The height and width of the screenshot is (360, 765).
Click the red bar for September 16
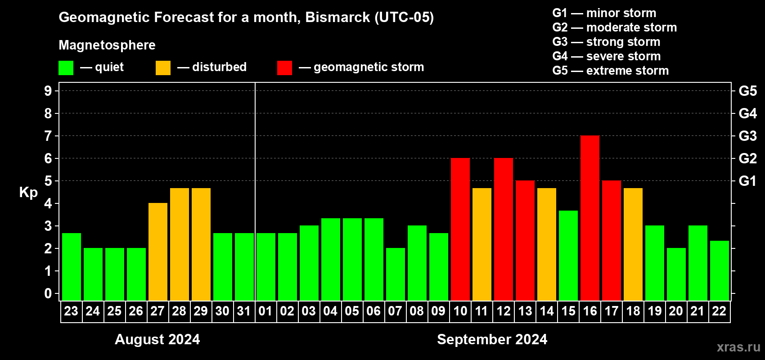pyautogui.click(x=590, y=218)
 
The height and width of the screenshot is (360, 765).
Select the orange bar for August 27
pyautogui.click(x=158, y=252)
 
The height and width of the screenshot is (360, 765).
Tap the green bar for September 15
pyautogui.click(x=568, y=256)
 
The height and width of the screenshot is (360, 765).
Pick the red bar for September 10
pyautogui.click(x=460, y=229)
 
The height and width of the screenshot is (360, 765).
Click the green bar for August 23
pyautogui.click(x=72, y=267)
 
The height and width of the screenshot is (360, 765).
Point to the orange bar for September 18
pyautogui.click(x=633, y=244)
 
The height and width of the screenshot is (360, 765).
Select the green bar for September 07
pyautogui.click(x=396, y=274)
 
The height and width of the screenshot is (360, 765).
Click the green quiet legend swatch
pyautogui.click(x=66, y=67)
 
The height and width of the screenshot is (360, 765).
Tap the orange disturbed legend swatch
pyautogui.click(x=163, y=67)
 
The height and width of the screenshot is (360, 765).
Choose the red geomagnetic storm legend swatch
pyautogui.click(x=284, y=67)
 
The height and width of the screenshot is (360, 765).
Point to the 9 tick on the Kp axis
pyautogui.click(x=48, y=91)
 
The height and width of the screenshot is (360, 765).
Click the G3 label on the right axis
pyautogui.click(x=747, y=136)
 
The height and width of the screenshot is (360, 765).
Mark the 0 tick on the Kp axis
pyautogui.click(x=48, y=293)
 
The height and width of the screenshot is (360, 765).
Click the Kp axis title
pyautogui.click(x=28, y=192)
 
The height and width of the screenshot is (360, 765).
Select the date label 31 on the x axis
pyautogui.click(x=244, y=311)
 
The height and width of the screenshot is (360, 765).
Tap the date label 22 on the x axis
pyautogui.click(x=719, y=311)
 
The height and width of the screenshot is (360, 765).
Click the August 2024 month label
pyautogui.click(x=157, y=339)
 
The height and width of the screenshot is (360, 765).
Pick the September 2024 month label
pyautogui.click(x=492, y=339)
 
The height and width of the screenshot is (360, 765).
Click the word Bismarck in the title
pyautogui.click(x=337, y=17)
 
